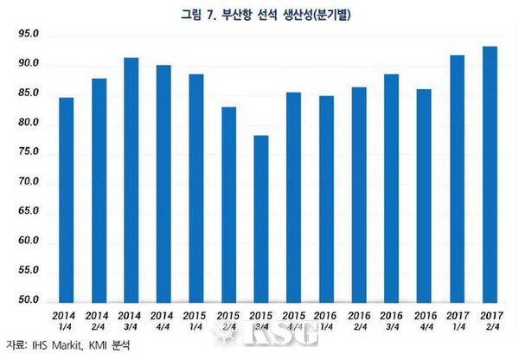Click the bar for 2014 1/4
67,199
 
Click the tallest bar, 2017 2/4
490,173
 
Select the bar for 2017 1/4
458,177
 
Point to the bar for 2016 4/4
424,195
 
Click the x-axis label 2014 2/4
98,320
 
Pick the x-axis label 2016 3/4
391,320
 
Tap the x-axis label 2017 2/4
490,320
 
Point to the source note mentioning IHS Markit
61,345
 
